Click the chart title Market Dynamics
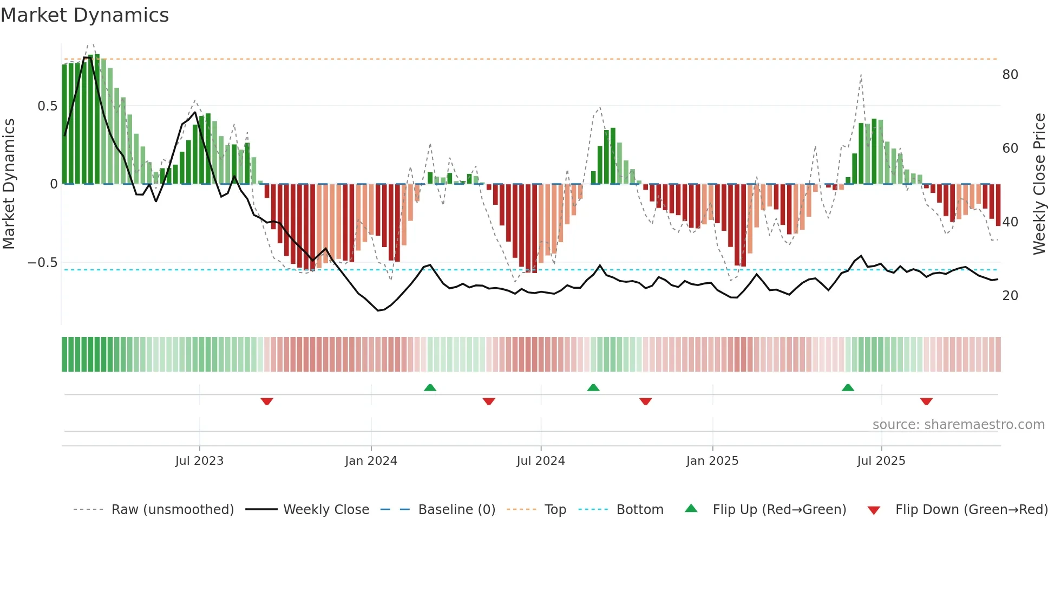[85, 15]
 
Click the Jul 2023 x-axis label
[199, 461]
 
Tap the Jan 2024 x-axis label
[371, 461]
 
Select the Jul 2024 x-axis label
[540, 461]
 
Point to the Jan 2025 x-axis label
[712, 461]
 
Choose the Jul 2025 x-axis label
[881, 461]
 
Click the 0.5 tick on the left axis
[48, 106]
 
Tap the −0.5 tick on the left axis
[43, 263]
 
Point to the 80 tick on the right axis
[1010, 75]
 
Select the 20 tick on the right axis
[1010, 296]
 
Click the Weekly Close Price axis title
[1039, 184]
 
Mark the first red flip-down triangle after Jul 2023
[267, 401]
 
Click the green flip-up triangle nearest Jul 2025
[848, 387]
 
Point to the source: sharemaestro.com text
[958, 425]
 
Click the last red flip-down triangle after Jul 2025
[926, 401]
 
